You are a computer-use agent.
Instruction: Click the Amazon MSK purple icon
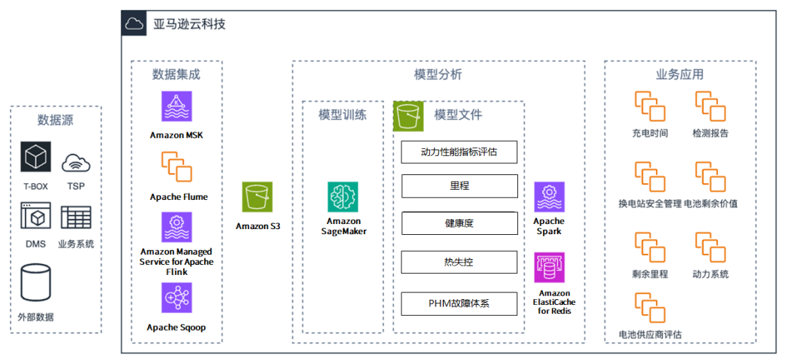click(176, 107)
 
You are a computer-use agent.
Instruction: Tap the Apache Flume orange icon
click(176, 166)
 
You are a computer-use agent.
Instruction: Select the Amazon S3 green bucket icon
click(257, 197)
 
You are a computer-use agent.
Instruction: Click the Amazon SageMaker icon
click(342, 197)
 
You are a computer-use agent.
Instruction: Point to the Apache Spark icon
click(549, 197)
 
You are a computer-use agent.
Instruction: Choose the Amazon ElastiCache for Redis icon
click(549, 267)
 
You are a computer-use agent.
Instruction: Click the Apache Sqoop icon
click(176, 298)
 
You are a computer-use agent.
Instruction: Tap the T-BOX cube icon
click(35, 158)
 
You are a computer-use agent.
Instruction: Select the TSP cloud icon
click(76, 163)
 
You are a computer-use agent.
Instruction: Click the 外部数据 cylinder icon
click(35, 283)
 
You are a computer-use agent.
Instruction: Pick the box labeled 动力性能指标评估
click(459, 152)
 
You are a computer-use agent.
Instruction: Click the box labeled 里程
click(459, 186)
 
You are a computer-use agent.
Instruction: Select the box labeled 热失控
click(459, 262)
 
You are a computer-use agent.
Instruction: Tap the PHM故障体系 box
click(459, 303)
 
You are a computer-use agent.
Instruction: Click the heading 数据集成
click(176, 74)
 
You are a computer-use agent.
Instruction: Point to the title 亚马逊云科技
click(189, 24)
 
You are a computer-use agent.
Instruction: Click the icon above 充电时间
click(649, 107)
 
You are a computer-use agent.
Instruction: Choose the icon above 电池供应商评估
click(649, 308)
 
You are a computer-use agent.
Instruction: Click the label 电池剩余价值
click(710, 204)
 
